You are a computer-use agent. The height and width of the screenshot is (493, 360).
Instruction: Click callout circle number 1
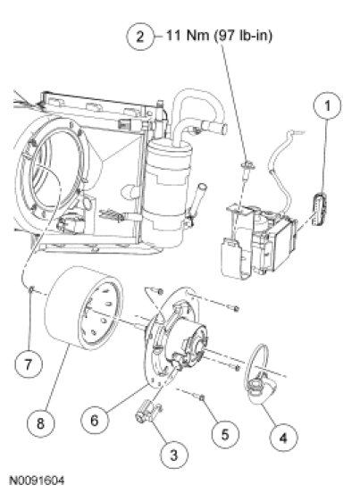tap(327, 105)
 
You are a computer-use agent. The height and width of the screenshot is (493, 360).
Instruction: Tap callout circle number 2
tap(140, 36)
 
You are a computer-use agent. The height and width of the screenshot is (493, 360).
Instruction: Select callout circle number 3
tap(174, 455)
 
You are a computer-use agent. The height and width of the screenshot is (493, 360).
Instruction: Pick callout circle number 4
tap(283, 438)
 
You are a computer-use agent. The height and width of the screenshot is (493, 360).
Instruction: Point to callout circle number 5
tap(225, 435)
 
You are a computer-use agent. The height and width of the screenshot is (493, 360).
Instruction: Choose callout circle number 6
tap(95, 420)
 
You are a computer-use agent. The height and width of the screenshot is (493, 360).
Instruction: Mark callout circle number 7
tap(29, 364)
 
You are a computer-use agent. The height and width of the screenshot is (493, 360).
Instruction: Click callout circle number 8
tap(40, 423)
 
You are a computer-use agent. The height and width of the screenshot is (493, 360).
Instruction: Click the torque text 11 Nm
tap(187, 35)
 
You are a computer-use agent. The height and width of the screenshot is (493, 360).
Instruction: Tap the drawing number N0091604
tap(37, 480)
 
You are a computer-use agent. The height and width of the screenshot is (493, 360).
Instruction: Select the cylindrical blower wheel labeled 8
tap(84, 308)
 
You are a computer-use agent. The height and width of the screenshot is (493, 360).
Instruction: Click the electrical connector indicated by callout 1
tap(319, 209)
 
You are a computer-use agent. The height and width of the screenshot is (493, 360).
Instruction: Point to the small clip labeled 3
tap(148, 414)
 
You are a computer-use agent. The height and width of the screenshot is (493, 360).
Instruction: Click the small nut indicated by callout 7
tap(31, 289)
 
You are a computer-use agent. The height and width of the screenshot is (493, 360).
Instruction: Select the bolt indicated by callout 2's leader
tap(247, 171)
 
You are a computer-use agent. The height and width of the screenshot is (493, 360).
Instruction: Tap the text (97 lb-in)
tap(243, 35)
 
